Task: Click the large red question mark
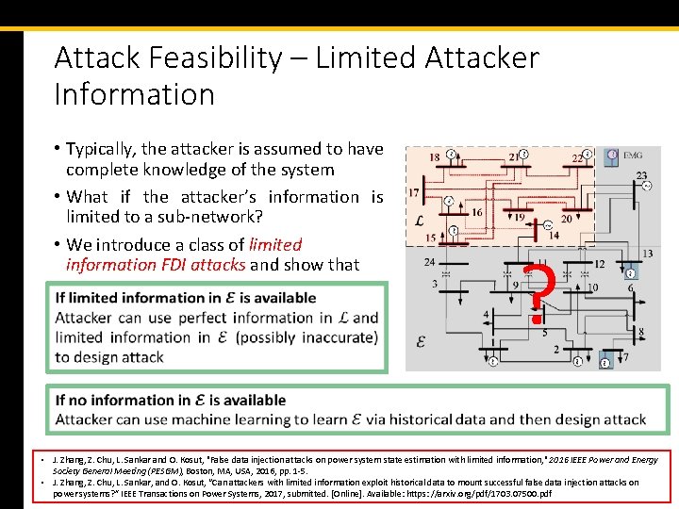click(x=538, y=294)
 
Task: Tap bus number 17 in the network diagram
click(x=414, y=193)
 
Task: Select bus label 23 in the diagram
click(x=641, y=175)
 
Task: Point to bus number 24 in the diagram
click(x=430, y=262)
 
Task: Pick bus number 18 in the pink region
click(x=434, y=157)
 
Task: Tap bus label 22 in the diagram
click(x=577, y=158)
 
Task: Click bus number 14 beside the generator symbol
click(x=554, y=236)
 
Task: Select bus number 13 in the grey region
click(x=646, y=254)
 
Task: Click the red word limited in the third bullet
click(x=275, y=244)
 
